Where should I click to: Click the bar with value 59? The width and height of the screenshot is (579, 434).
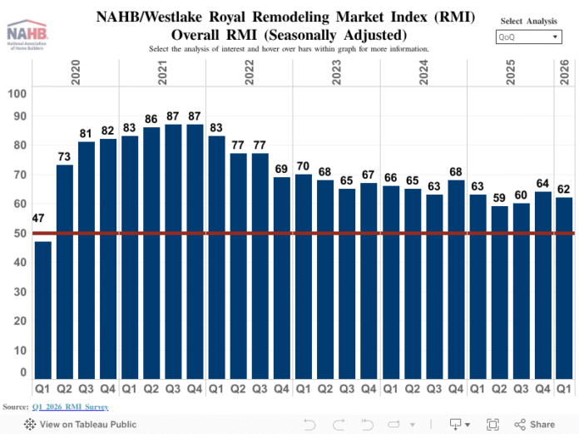[498, 292]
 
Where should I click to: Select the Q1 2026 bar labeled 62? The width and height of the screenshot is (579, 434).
[564, 288]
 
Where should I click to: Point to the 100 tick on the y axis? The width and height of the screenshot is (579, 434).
[17, 93]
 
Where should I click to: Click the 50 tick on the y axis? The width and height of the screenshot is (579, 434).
[17, 233]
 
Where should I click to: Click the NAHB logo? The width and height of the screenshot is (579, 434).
[27, 35]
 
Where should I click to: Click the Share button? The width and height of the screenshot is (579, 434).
[534, 424]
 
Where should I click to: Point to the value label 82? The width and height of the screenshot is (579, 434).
[108, 131]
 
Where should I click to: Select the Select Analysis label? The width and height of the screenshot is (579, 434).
[529, 21]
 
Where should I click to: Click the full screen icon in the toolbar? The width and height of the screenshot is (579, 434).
[492, 424]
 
